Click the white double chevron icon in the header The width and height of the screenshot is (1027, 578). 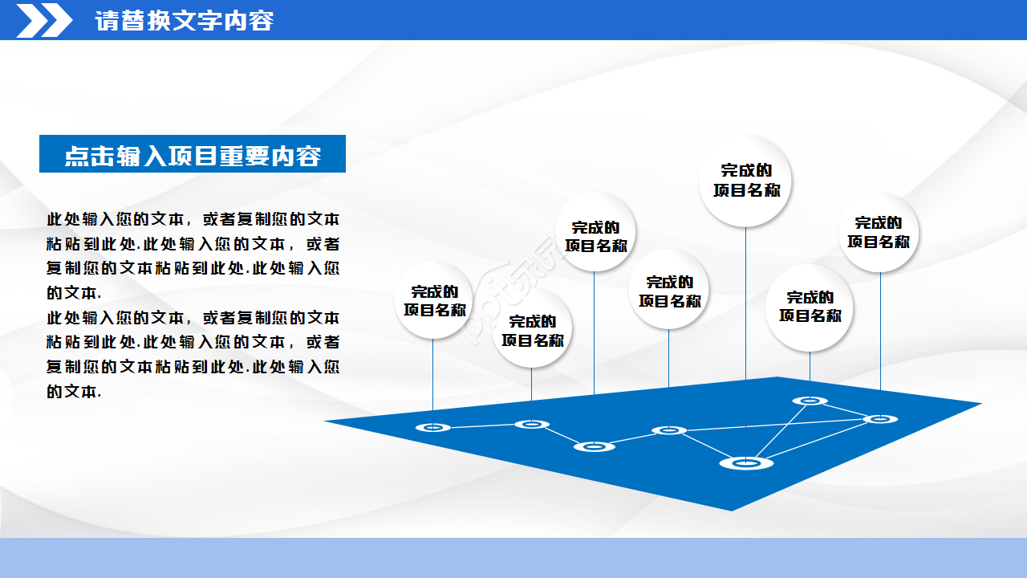coord(44,20)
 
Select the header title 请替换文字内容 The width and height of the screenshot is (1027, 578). coord(184,21)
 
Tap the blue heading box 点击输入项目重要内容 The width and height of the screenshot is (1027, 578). coord(193,154)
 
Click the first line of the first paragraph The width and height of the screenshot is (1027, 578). coord(193,219)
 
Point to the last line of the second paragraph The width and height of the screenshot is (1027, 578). coord(74,392)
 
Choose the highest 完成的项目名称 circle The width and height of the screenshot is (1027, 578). coord(746,181)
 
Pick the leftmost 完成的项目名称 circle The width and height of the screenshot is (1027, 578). coord(433,300)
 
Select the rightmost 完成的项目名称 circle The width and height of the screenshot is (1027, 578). coord(879,232)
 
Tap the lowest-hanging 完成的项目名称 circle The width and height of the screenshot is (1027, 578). coord(532,330)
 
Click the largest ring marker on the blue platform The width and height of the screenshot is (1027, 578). coord(746,462)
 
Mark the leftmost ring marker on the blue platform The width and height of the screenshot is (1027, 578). coord(433,427)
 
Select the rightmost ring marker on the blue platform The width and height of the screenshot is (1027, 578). coord(880,418)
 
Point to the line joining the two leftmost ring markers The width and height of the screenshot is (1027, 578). coord(481,425)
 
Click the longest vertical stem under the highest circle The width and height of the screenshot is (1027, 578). coord(746,305)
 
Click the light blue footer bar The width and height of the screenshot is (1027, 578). coord(513,558)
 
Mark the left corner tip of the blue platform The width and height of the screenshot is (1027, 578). coord(326,421)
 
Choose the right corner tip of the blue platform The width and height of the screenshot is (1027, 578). coord(980,403)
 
